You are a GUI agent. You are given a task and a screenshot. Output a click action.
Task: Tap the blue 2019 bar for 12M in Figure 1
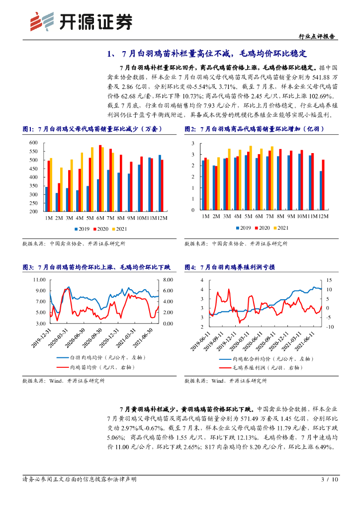pyautogui.click(x=160, y=183)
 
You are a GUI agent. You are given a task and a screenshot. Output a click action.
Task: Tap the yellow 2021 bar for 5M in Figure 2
pyautogui.click(x=251, y=177)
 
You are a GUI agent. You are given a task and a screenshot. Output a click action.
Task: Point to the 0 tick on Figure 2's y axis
pyautogui.click(x=192, y=210)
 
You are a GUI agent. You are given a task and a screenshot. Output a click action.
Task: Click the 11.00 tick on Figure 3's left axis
pyautogui.click(x=39, y=280)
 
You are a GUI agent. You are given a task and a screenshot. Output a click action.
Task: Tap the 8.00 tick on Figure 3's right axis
pyautogui.click(x=168, y=280)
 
